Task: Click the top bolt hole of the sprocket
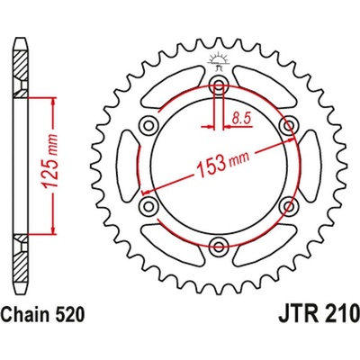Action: pyautogui.click(x=216, y=86)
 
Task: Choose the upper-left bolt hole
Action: pyautogui.click(x=145, y=126)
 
